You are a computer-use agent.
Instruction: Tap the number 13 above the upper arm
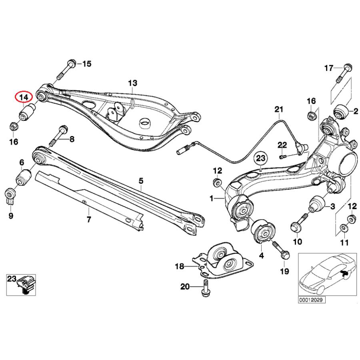132,83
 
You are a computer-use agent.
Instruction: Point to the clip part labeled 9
11,196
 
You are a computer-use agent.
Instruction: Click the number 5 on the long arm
141,181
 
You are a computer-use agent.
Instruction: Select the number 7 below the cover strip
88,219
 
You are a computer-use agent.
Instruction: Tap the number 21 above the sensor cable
279,109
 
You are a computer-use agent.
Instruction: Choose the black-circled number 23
260,159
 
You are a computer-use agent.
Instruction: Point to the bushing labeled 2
341,111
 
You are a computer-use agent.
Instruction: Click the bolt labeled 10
299,224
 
